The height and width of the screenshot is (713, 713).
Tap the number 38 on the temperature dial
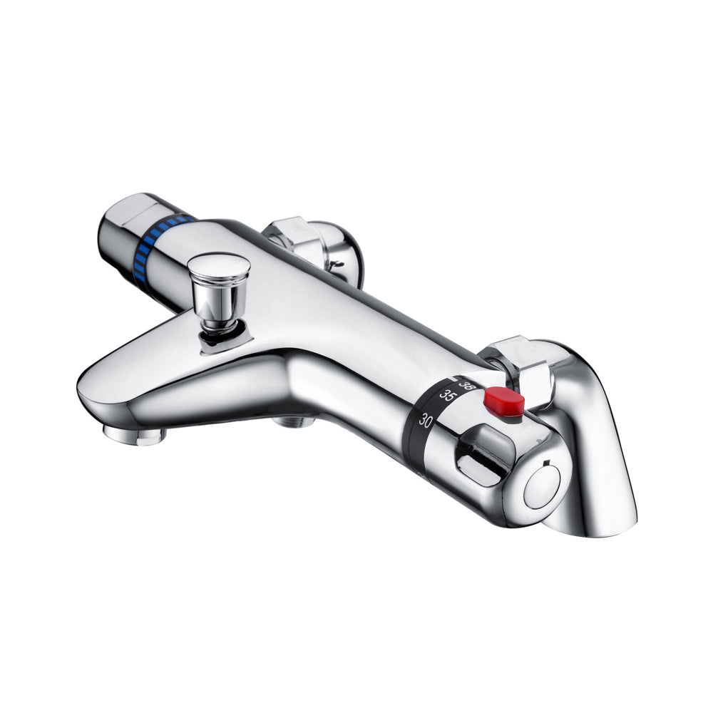[464, 384]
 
